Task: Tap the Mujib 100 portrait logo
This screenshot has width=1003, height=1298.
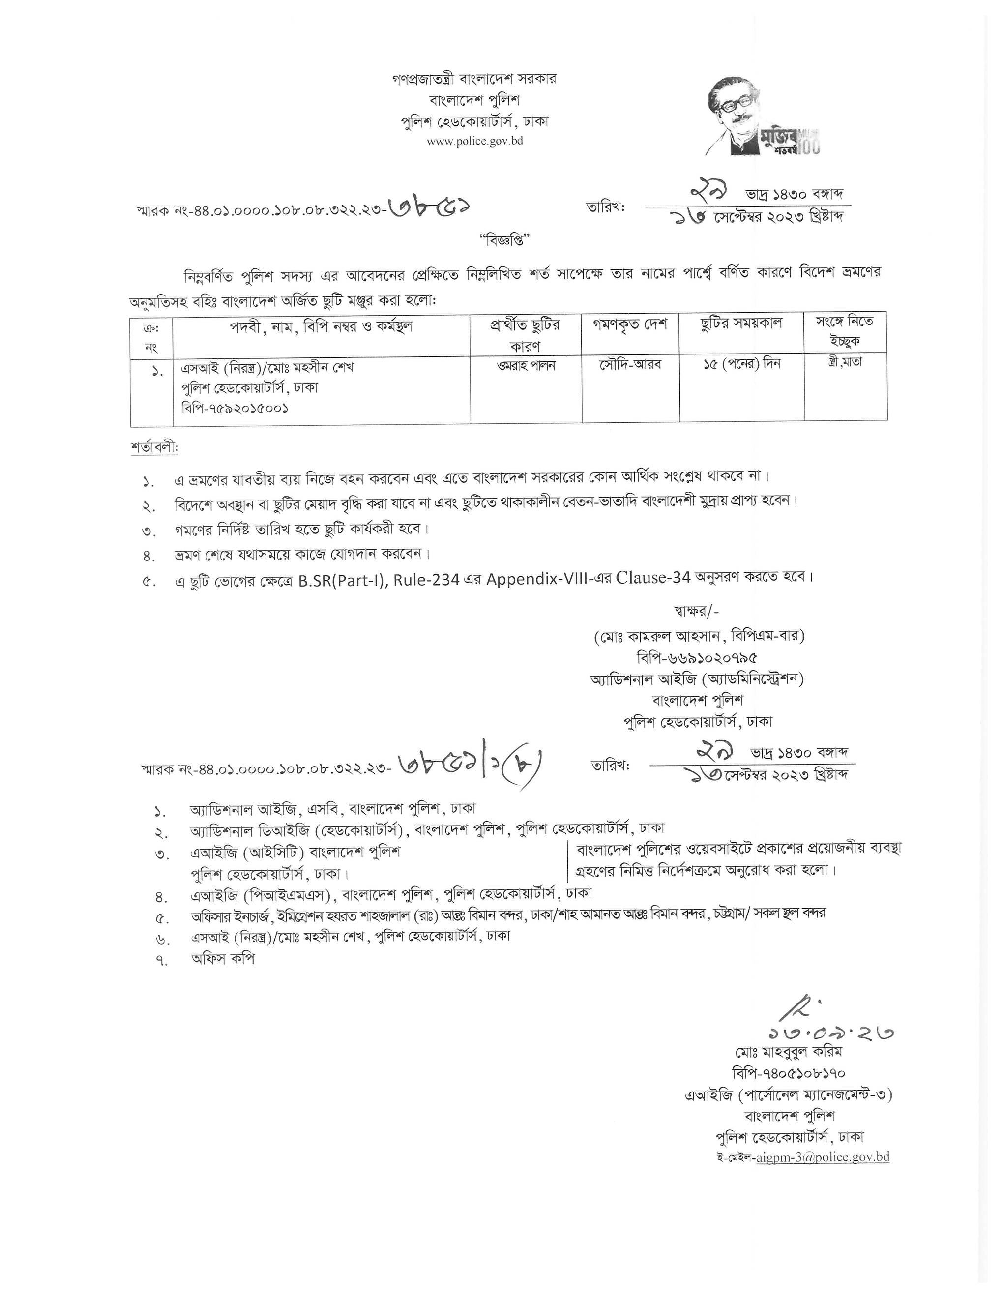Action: pos(763,118)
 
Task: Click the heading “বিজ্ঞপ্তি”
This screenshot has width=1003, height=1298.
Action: pos(501,241)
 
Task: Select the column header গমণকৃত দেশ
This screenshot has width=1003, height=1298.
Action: pos(630,324)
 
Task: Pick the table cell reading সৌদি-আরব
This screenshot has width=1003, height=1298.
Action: pos(630,365)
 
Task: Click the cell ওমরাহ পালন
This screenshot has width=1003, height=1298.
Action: pos(527,365)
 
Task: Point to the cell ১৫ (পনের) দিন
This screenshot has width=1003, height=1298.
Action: pos(741,364)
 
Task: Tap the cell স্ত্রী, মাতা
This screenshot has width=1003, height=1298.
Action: pos(845,362)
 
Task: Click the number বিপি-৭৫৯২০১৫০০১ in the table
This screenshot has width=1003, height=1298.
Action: pos(236,408)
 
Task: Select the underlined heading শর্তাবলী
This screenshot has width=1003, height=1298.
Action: pos(154,447)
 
